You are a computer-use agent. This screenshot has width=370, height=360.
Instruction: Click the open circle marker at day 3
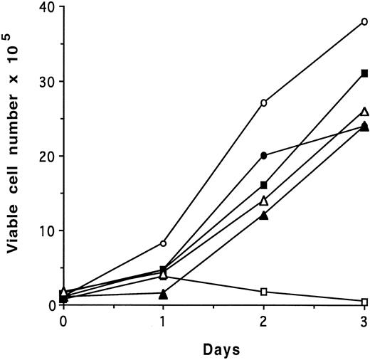tap(364, 21)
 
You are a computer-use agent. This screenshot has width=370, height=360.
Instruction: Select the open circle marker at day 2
tap(264, 103)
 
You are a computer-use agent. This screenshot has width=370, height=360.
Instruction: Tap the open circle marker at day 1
tap(163, 243)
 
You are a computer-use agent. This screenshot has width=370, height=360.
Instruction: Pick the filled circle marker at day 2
tap(264, 155)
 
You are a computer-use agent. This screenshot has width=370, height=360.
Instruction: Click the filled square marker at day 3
tap(364, 73)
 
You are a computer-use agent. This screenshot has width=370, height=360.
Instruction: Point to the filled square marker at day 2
tap(264, 185)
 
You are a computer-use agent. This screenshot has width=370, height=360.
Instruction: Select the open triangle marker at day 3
tap(364, 111)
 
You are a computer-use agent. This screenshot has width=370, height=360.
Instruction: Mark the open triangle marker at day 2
tap(264, 200)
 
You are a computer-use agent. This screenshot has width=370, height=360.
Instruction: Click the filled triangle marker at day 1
tap(163, 293)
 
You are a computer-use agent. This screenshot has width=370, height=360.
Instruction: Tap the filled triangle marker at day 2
tap(264, 215)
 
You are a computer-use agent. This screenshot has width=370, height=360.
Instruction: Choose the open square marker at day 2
tap(264, 292)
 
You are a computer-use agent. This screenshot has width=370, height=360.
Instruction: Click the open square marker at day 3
tap(364, 302)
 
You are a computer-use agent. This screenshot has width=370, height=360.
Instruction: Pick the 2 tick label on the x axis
tap(264, 320)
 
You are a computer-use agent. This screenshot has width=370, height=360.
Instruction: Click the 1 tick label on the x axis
tap(163, 320)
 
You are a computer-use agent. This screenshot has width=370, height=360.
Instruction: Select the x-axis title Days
tap(213, 350)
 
